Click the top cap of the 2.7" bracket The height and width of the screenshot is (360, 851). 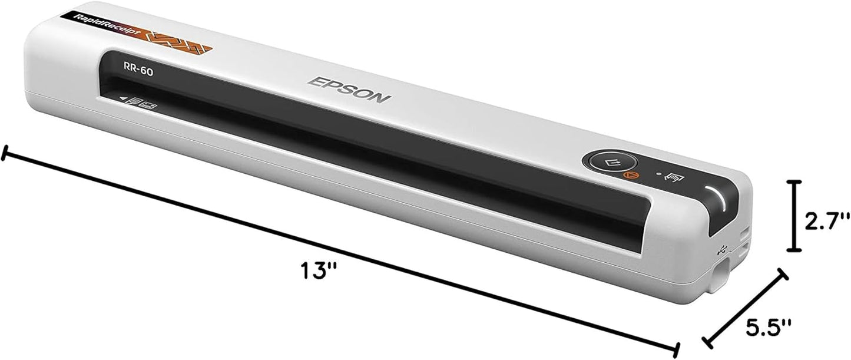pyautogui.click(x=795, y=183)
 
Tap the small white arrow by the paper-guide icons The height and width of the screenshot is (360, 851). pyautogui.click(x=124, y=100)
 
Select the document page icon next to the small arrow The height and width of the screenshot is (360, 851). pyautogui.click(x=134, y=103)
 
